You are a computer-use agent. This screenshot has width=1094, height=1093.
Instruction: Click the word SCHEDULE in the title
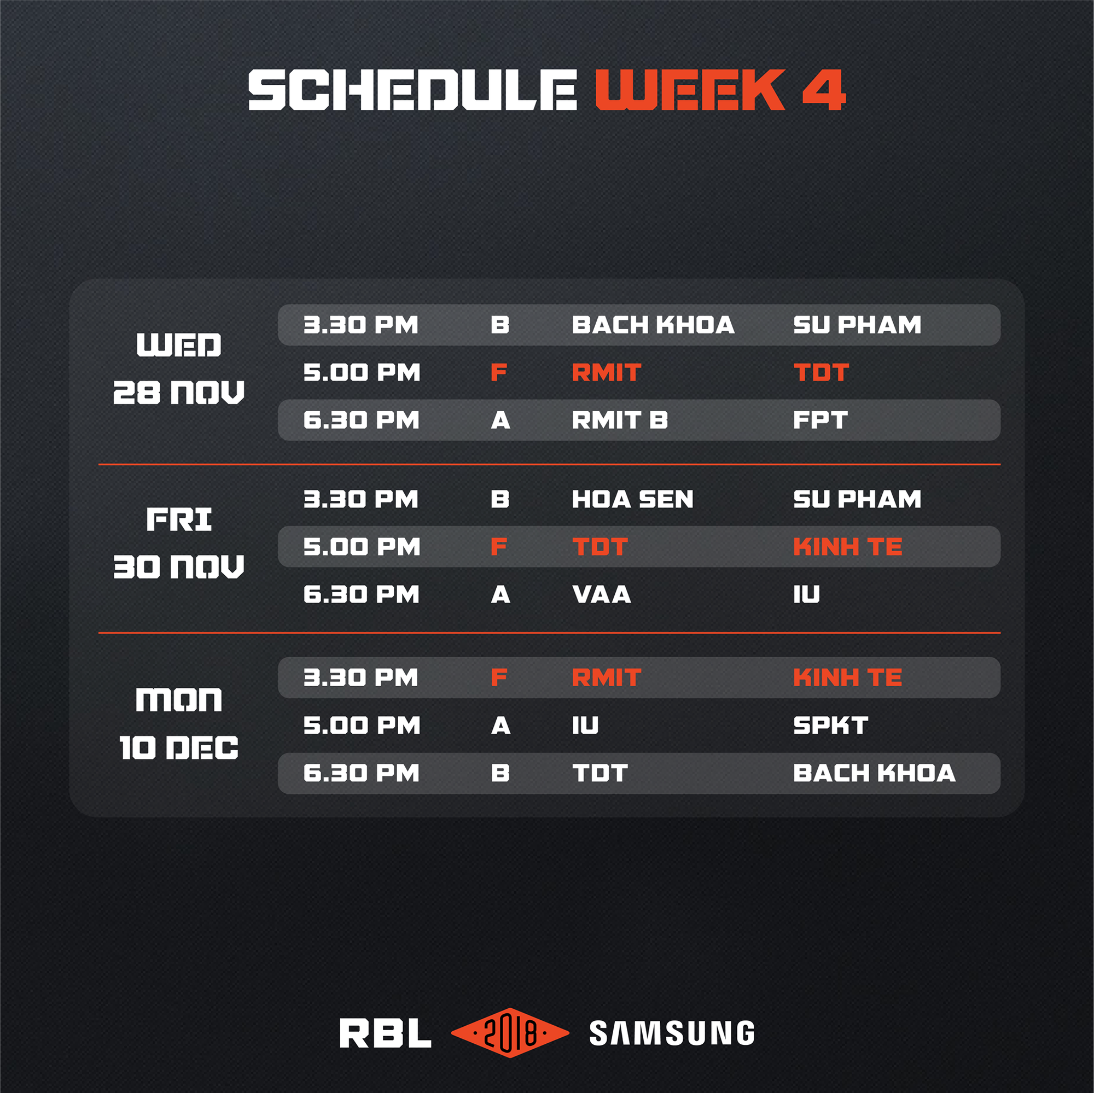(412, 90)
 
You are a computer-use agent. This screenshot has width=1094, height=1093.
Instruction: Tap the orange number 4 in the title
(824, 90)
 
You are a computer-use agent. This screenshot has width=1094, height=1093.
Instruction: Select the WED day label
(179, 344)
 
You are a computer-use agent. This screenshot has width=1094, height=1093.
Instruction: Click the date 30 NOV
(179, 566)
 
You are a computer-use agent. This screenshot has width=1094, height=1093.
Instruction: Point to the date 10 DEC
(179, 748)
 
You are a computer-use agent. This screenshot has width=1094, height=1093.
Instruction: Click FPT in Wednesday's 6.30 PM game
(821, 420)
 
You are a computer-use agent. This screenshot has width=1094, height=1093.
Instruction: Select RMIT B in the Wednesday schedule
(620, 420)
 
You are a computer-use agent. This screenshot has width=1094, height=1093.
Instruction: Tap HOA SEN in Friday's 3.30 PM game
(632, 499)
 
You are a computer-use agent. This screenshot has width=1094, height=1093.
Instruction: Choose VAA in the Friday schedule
(601, 594)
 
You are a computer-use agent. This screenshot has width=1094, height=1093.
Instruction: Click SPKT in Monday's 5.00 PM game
(831, 726)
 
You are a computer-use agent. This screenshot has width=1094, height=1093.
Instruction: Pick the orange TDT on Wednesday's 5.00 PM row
(821, 372)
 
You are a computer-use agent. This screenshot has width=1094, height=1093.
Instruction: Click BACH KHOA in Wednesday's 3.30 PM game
(653, 325)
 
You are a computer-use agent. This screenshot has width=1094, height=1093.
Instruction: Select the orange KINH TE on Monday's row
(848, 677)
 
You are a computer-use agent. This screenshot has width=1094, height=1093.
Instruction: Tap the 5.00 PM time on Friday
(362, 547)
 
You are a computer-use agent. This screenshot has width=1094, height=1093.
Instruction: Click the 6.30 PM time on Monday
(361, 773)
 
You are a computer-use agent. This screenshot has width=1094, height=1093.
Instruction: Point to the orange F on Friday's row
(499, 547)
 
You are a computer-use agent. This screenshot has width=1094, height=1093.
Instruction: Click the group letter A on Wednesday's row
(501, 420)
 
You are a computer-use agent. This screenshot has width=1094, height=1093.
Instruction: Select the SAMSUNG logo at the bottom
(672, 1033)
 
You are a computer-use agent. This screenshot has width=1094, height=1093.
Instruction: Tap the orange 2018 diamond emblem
(510, 1032)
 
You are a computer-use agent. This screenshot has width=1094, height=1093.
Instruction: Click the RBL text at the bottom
(385, 1033)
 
